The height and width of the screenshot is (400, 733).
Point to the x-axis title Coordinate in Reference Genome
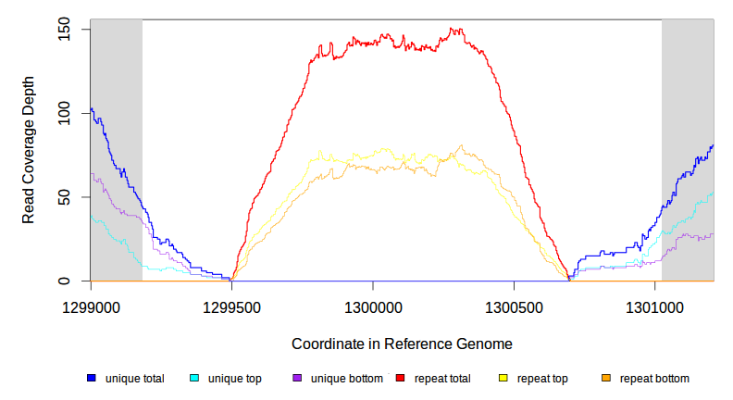[402, 344]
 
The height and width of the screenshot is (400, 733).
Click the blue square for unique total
[92, 378]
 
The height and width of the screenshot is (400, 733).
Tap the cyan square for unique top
[194, 378]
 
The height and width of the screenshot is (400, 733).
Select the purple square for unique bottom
[297, 378]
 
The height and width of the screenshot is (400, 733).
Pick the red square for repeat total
[401, 378]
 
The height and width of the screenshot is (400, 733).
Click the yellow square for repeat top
[503, 378]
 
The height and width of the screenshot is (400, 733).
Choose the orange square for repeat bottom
[606, 378]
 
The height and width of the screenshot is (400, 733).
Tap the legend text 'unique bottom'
[345, 378]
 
